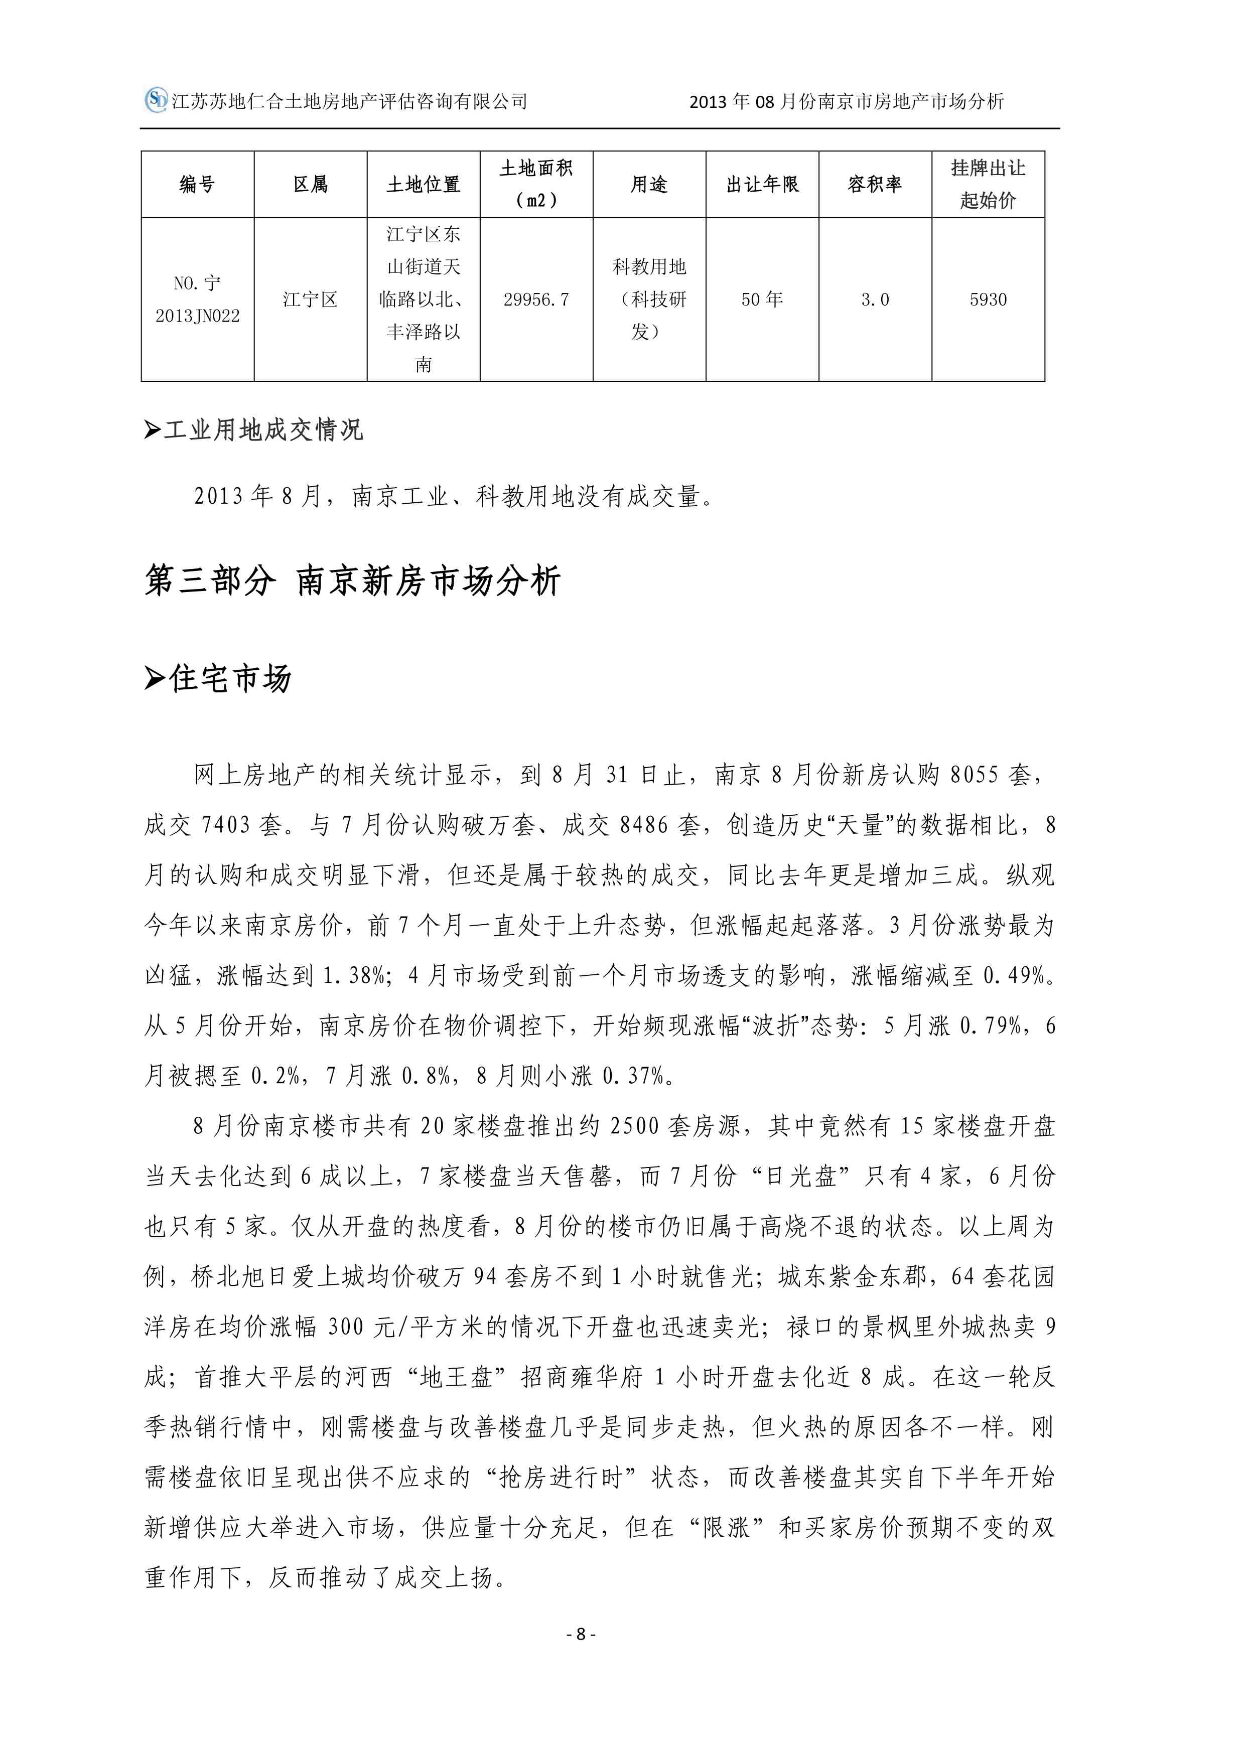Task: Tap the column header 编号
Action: [197, 185]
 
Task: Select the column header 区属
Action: [311, 185]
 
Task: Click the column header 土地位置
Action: [423, 185]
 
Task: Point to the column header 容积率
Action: [875, 185]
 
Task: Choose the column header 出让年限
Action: [762, 185]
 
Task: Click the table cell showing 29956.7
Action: [536, 300]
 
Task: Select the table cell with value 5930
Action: [988, 300]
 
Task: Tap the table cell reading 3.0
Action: [875, 300]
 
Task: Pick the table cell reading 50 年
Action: [762, 300]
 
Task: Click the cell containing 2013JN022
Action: [197, 316]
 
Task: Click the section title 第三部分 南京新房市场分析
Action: [353, 581]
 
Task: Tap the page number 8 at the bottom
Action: [580, 1634]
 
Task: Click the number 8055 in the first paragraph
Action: [974, 775]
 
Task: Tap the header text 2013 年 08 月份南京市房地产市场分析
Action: [847, 102]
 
